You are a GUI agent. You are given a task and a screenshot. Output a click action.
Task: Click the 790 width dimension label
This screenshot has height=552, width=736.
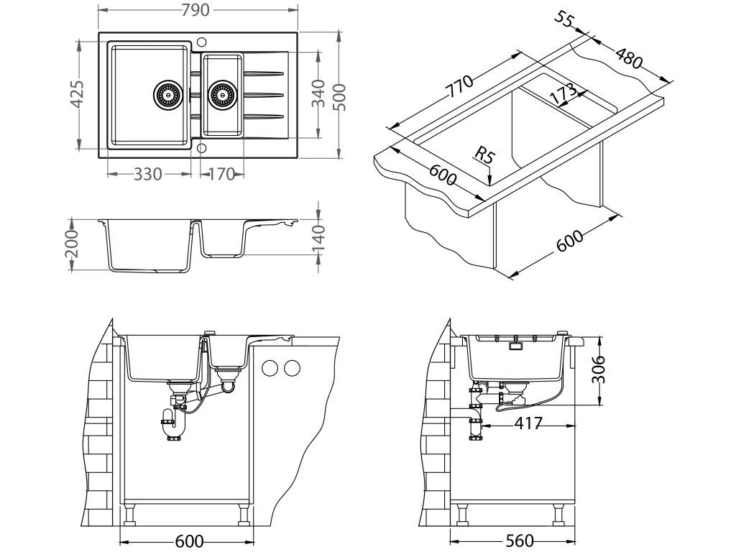pyautogui.click(x=196, y=10)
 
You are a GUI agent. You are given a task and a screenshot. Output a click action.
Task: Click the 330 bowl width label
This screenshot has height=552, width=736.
pyautogui.click(x=148, y=174)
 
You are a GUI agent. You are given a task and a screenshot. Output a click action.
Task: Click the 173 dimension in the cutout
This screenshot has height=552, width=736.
pyautogui.click(x=563, y=93)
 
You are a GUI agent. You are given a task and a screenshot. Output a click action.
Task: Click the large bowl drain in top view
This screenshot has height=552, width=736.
pyautogui.click(x=167, y=93)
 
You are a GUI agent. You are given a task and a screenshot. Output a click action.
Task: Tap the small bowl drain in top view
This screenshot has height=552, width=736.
pyautogui.click(x=221, y=93)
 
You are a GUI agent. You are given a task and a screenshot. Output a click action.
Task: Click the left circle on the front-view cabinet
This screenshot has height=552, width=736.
pyautogui.click(x=271, y=368)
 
